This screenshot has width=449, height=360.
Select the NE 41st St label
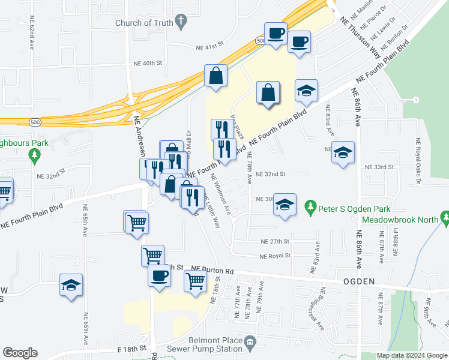tap(209, 45)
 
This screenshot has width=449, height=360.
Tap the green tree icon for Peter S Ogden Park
tap(310, 209)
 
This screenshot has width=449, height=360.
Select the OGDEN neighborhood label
tap(360, 281)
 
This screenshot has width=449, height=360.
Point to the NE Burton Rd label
tap(211, 271)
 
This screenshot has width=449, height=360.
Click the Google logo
tap(20, 353)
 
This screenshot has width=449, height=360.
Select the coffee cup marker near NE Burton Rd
tap(159, 276)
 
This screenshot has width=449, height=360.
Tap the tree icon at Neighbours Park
tap(35, 156)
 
